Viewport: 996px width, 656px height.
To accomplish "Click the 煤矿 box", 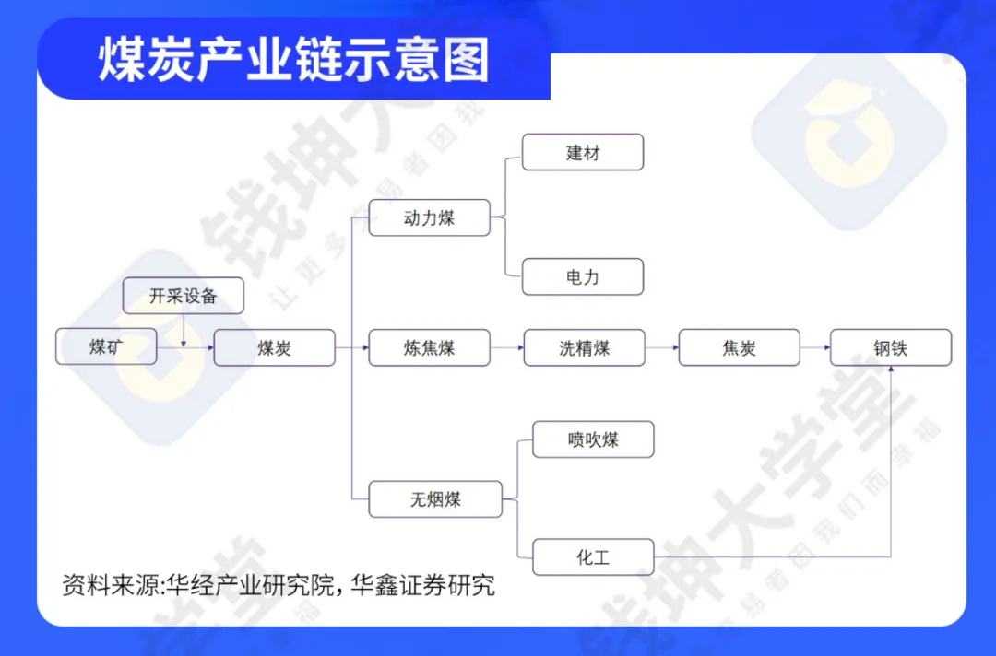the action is [106, 347].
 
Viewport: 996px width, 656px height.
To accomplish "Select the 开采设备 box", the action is [184, 296].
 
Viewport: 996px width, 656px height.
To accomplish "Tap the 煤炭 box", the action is [274, 347].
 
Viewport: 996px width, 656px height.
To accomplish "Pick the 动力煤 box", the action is [429, 218].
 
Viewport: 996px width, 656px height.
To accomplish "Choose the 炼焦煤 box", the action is [429, 347].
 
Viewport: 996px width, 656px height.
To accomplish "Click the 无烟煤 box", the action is [435, 499].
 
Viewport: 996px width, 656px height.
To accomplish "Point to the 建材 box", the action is [582, 152].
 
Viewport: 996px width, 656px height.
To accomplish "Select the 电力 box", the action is [582, 277].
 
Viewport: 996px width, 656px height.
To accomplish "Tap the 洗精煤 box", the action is [584, 347].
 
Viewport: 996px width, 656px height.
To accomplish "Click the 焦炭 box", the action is [739, 347].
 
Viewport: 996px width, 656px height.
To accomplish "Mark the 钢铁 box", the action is [890, 347].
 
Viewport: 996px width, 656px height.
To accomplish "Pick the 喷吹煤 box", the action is [593, 439].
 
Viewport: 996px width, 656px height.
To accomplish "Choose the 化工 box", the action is [593, 557].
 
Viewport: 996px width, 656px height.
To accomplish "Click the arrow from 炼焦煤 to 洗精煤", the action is [506, 347].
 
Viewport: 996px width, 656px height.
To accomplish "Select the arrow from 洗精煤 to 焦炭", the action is [661, 347].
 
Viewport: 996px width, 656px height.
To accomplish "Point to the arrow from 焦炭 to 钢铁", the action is [814, 347].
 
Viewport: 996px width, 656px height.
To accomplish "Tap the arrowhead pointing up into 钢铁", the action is [891, 370].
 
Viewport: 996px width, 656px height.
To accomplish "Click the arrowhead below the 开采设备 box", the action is [184, 342].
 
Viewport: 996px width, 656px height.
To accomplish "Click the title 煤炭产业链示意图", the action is [293, 62].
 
